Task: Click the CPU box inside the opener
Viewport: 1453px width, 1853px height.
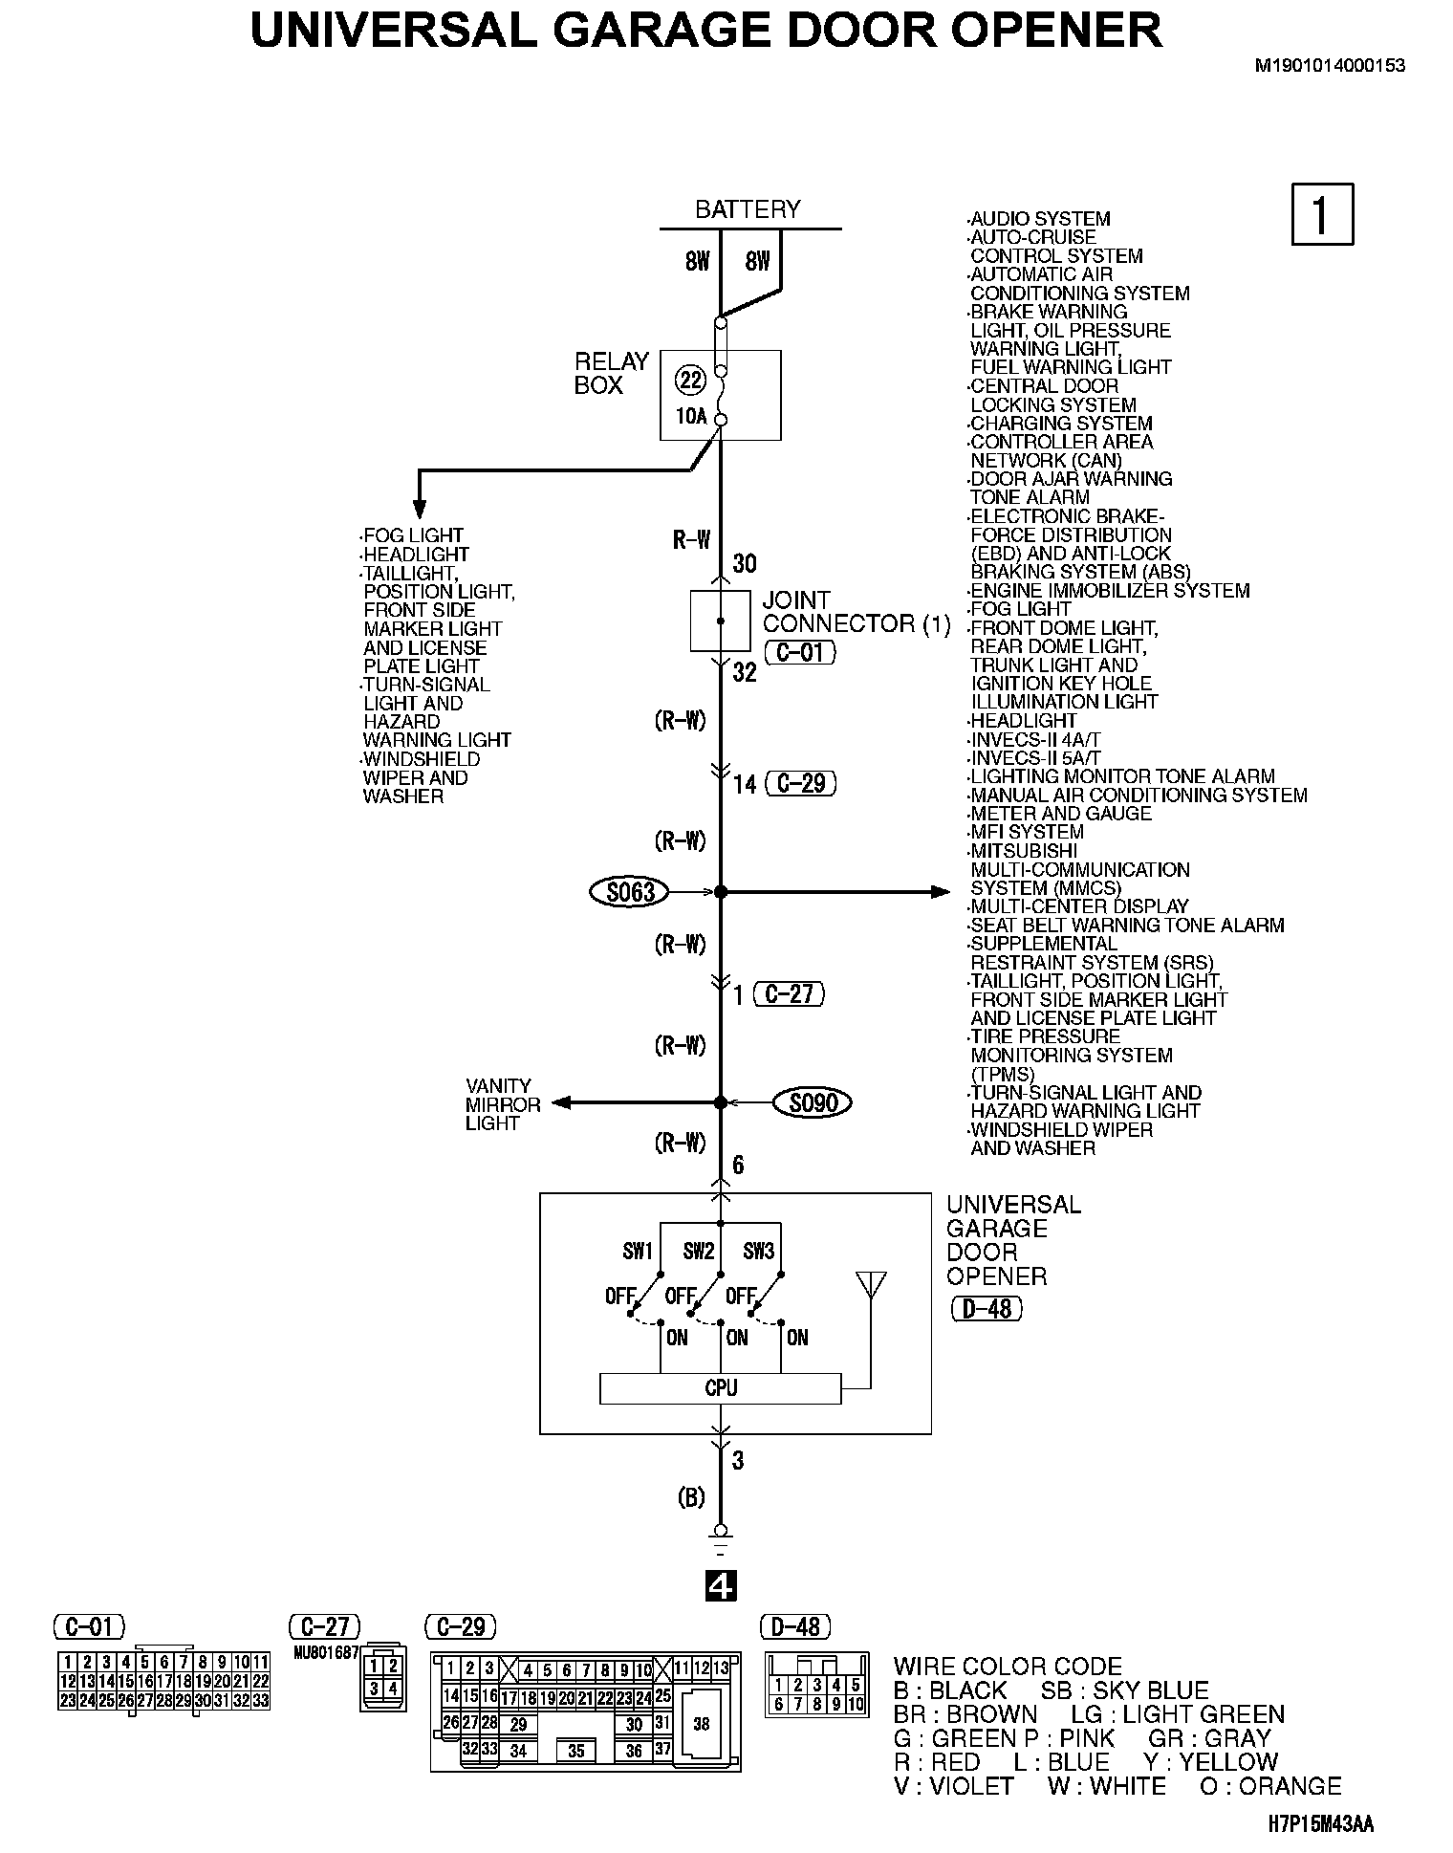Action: click(x=720, y=1388)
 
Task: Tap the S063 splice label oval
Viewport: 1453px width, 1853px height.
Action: click(x=631, y=892)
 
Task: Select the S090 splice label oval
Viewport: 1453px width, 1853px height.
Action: click(x=813, y=1103)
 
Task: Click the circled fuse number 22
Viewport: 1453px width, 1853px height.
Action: click(x=690, y=381)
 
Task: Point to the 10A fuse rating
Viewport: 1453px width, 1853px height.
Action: click(x=690, y=416)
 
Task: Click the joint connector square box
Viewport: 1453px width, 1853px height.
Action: click(x=720, y=621)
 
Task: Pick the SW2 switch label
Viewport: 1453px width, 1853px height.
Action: click(x=699, y=1251)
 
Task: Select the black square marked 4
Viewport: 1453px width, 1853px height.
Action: click(x=721, y=1586)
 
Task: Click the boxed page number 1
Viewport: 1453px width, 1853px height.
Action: click(x=1322, y=214)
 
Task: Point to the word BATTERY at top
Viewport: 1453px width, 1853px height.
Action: click(x=748, y=209)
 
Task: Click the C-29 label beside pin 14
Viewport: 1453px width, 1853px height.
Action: click(x=801, y=784)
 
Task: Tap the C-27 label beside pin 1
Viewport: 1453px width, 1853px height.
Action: click(x=789, y=994)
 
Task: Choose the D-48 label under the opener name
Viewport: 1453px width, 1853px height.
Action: click(x=987, y=1308)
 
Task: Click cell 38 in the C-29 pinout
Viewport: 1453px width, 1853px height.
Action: click(x=702, y=1724)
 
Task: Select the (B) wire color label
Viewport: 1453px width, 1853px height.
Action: click(x=691, y=1498)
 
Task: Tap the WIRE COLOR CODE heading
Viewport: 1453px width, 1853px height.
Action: click(x=1008, y=1666)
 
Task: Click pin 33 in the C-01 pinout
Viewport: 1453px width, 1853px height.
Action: click(x=260, y=1700)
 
